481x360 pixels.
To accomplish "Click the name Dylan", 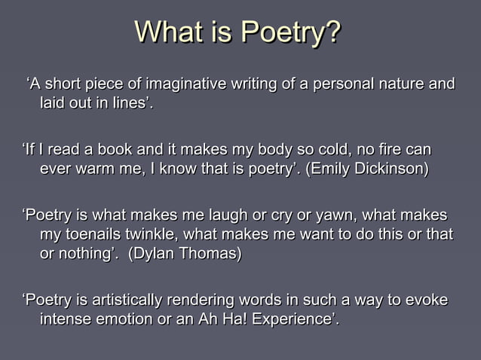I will click(156, 254).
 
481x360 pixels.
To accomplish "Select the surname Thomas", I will click(213, 254).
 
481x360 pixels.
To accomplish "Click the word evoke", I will click(427, 301).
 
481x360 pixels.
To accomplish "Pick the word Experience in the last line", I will click(291, 321).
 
